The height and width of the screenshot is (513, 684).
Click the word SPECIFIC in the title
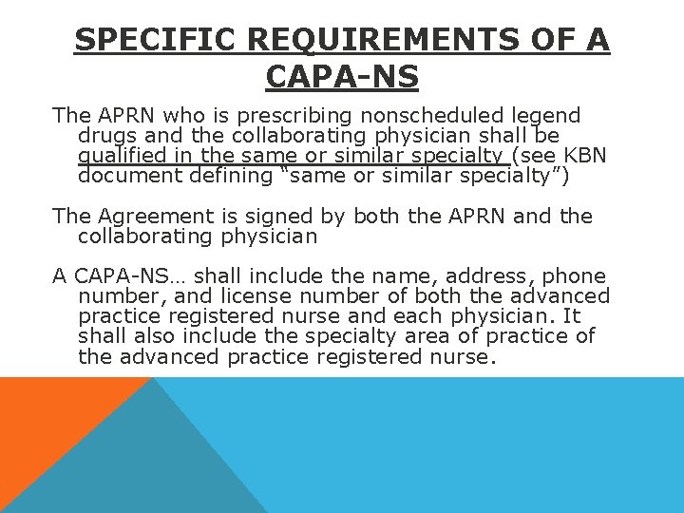pos(157,40)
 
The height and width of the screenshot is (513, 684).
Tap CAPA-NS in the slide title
pos(342,76)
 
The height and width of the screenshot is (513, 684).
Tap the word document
pos(123,176)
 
